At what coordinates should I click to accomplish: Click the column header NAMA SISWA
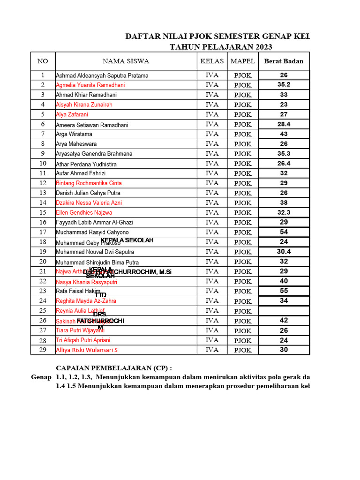126,61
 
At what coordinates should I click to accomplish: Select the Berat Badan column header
284,61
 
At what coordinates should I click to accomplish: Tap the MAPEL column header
243,61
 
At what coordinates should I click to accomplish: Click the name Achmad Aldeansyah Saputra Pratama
102,75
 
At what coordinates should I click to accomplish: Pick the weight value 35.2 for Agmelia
284,85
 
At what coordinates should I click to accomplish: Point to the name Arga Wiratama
74,134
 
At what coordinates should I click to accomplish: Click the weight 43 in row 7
284,134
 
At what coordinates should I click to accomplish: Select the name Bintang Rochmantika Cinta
89,183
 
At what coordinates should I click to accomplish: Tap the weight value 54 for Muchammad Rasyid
284,232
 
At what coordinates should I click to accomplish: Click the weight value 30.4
284,252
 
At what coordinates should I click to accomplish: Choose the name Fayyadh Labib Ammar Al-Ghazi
94,222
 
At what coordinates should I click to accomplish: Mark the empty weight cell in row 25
284,311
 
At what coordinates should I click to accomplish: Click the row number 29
43,350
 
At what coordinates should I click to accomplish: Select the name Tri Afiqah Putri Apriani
83,340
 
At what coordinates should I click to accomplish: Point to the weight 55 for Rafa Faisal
284,291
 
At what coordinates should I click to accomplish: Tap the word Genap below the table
41,377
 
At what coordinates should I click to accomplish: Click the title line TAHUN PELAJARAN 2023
221,47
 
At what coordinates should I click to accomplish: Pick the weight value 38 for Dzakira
284,202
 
